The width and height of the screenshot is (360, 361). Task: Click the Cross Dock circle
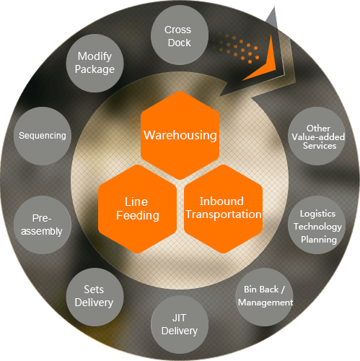click(180, 35)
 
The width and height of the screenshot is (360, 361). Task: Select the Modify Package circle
click(95, 63)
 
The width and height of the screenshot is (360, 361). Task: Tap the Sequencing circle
click(43, 136)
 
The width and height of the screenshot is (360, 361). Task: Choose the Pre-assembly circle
click(43, 225)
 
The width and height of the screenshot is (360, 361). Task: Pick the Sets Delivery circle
click(95, 297)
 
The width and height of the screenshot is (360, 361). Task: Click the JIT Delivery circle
click(180, 324)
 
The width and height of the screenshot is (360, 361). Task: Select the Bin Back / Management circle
click(264, 297)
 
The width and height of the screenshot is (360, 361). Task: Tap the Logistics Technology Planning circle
click(317, 225)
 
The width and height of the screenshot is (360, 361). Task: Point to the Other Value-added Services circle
click(317, 136)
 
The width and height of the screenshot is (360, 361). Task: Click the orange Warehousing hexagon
click(180, 135)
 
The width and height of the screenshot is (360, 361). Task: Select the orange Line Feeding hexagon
click(137, 209)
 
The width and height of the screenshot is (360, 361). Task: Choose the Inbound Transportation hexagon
click(223, 209)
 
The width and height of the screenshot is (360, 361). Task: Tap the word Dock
click(180, 43)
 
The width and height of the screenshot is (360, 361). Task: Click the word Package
click(95, 70)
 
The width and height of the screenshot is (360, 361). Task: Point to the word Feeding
click(138, 216)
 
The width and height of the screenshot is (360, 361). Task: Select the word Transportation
click(224, 214)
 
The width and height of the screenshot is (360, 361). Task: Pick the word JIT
click(180, 318)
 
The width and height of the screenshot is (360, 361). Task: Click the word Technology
click(317, 227)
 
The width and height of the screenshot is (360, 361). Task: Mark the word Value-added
click(318, 137)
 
